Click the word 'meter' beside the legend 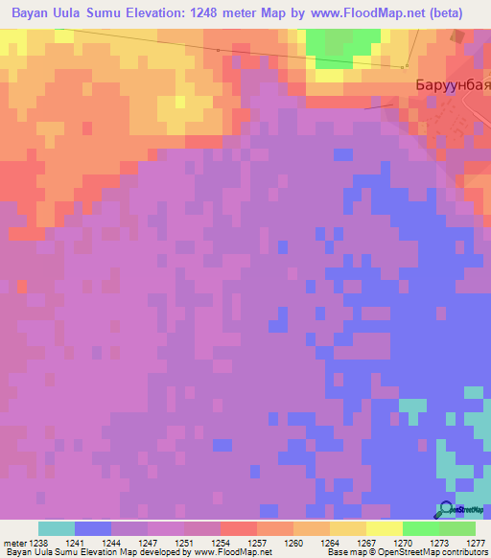coord(15,542)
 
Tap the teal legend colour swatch coord(56,528)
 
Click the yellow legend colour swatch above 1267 coord(347,528)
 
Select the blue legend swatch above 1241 coord(92,528)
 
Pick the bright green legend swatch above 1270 coord(420,528)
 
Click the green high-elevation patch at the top coord(337,42)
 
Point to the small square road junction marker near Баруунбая coord(406,66)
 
